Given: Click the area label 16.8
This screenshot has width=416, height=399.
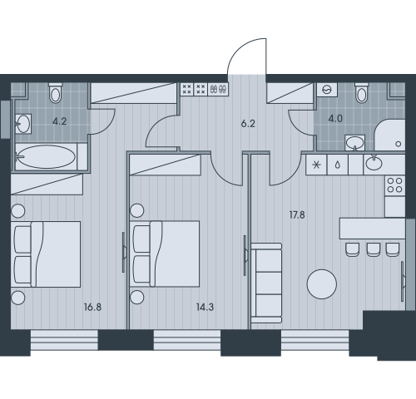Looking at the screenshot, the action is click(x=92, y=307).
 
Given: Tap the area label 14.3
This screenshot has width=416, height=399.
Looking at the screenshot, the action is click(x=205, y=307).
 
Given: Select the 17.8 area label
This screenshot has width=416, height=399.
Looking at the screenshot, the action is click(x=297, y=214).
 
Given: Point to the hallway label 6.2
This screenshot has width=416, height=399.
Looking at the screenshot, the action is click(x=248, y=124).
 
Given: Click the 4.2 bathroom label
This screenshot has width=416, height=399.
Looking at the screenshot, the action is click(x=59, y=121).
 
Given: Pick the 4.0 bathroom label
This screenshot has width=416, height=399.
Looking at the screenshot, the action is click(x=335, y=119).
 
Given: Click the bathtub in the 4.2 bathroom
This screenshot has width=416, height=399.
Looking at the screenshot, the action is click(x=46, y=157).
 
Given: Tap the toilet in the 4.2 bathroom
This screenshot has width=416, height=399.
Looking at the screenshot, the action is click(x=56, y=92).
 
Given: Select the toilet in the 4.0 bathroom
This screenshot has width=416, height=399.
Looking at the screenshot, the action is click(x=362, y=92).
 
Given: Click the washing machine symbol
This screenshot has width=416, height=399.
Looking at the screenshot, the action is click(x=327, y=90).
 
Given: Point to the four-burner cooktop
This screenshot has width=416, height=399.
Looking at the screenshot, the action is click(x=395, y=185).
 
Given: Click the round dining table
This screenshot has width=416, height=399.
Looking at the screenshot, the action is click(x=322, y=284).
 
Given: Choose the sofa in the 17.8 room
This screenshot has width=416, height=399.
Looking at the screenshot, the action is click(x=266, y=283).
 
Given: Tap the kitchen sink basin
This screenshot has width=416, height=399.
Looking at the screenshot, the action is click(x=374, y=164).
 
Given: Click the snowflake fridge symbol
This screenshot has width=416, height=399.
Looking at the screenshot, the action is click(x=316, y=165).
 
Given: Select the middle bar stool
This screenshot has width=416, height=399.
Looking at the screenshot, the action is click(x=374, y=249).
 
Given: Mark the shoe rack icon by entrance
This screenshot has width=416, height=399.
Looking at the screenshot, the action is click(x=218, y=89).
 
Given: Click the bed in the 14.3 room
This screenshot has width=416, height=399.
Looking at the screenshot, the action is click(x=166, y=254).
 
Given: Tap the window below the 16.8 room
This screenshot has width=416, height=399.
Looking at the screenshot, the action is click(x=64, y=340).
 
